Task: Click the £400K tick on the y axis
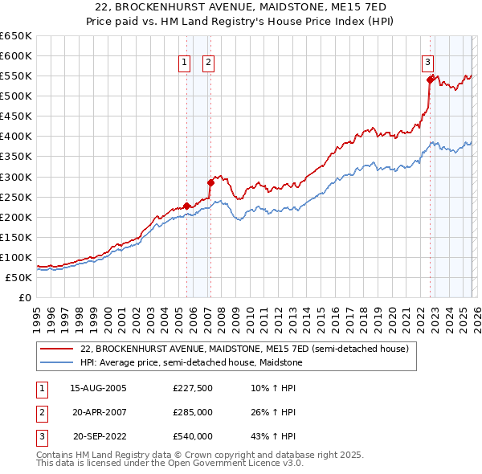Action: tap(15, 136)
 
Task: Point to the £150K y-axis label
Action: tap(15, 237)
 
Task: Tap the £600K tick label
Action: tap(15, 55)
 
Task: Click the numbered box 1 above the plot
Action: tap(185, 63)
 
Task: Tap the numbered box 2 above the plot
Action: tap(208, 63)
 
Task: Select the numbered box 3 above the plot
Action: tap(428, 63)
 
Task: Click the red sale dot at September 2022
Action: tap(430, 80)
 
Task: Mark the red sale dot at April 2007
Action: tap(210, 182)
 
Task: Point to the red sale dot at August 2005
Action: tap(187, 206)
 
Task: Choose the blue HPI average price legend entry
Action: tap(193, 363)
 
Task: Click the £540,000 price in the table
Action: tap(193, 436)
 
